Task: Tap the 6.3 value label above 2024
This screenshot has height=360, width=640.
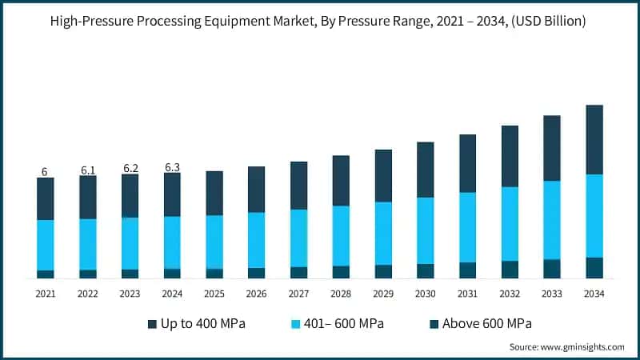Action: pos(172,167)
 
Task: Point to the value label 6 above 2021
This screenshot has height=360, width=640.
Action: pos(45,172)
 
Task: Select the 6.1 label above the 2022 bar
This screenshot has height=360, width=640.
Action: pos(88,170)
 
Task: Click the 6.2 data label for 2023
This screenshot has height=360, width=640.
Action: pos(130,169)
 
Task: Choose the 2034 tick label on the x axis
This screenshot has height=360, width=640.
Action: pos(594,294)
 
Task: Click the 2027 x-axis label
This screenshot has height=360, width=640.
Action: pos(298,294)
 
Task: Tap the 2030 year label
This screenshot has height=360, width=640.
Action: pos(425,294)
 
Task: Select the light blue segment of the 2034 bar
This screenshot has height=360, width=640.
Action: pos(594,216)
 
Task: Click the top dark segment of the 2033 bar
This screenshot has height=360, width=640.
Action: pos(552,148)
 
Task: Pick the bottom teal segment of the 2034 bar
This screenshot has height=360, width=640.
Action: pos(594,268)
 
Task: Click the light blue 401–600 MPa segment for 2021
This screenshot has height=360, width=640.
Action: pos(46,245)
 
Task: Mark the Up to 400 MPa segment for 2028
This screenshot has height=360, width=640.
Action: pos(341,180)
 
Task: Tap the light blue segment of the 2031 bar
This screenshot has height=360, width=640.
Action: pos(467,227)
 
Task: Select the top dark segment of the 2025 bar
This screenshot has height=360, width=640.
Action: pos(214,193)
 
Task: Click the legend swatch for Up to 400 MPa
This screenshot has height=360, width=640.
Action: pos(153,324)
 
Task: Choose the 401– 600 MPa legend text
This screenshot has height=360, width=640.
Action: pos(350,324)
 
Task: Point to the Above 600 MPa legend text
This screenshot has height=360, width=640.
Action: pos(488,324)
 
